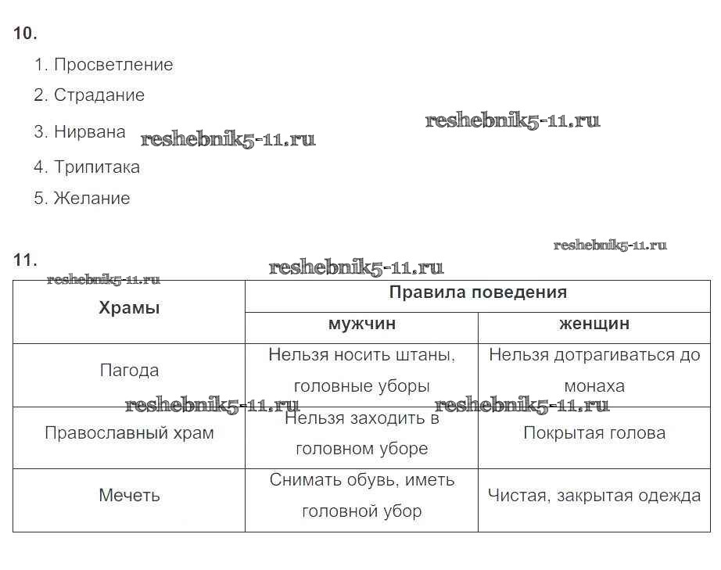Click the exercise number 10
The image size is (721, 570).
[25, 33]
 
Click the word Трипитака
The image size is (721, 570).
[96, 167]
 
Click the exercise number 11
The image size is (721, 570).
[25, 260]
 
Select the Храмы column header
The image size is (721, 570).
[129, 307]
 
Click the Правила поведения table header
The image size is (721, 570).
[478, 292]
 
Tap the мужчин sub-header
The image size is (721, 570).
[362, 324]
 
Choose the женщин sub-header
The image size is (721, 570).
[594, 324]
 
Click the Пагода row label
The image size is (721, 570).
[129, 371]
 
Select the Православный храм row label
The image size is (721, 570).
[129, 433]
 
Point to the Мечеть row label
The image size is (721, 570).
[129, 496]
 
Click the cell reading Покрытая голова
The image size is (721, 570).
[594, 433]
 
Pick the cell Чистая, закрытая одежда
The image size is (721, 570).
[594, 496]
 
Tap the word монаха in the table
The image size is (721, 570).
[594, 386]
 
